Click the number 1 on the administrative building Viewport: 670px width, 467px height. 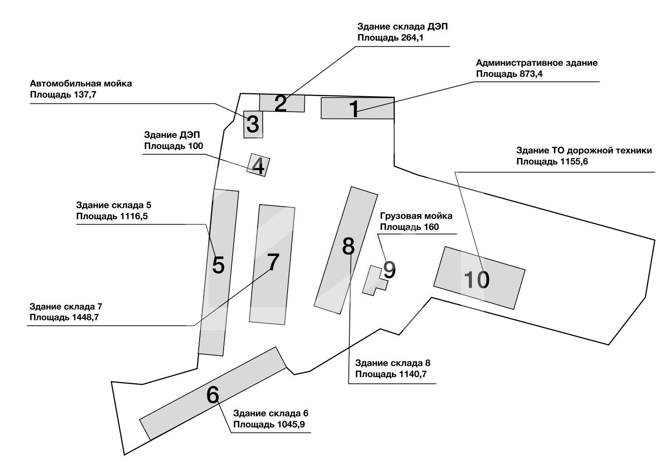(354, 109)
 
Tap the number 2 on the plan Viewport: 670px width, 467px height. (281, 104)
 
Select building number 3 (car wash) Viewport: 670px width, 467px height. (253, 124)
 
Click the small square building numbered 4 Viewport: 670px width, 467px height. (258, 166)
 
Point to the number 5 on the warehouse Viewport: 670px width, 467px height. (218, 265)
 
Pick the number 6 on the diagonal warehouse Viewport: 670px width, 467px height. (213, 395)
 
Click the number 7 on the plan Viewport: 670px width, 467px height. (272, 262)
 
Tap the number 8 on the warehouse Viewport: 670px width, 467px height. (348, 246)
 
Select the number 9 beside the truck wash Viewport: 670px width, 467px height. (389, 270)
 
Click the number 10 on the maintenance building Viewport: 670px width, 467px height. (476, 280)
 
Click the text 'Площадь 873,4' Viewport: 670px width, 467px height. (509, 74)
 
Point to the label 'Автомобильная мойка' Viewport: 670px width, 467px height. (81, 84)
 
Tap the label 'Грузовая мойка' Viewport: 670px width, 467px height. (416, 216)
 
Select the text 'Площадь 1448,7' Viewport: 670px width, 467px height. (64, 317)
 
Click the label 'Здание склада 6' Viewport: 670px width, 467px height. (271, 413)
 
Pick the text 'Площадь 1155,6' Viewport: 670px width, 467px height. (552, 162)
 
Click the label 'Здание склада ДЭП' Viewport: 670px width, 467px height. (402, 27)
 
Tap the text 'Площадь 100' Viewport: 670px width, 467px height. (173, 146)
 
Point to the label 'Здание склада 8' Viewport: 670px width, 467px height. (393, 363)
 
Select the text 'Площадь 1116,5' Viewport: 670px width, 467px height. (112, 216)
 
